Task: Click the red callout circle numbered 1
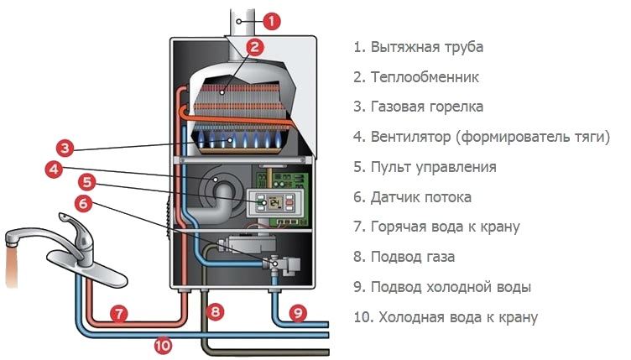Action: [x=274, y=20]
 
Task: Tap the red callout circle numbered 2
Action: [x=256, y=47]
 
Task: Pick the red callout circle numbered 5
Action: [x=86, y=181]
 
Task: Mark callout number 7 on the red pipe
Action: [x=119, y=314]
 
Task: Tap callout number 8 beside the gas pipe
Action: [x=216, y=312]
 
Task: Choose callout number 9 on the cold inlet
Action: [x=298, y=313]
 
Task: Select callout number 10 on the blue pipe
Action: [x=163, y=342]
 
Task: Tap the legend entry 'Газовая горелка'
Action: [x=426, y=107]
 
